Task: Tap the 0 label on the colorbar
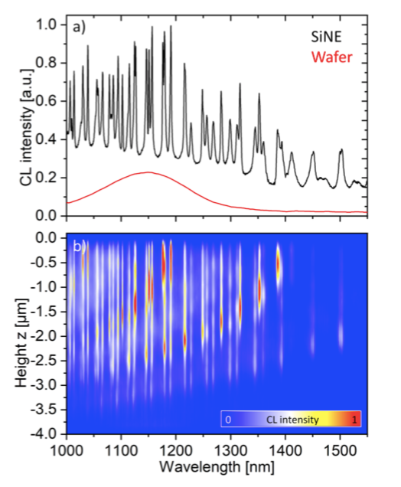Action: (228, 420)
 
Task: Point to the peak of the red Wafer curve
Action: (148, 172)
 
